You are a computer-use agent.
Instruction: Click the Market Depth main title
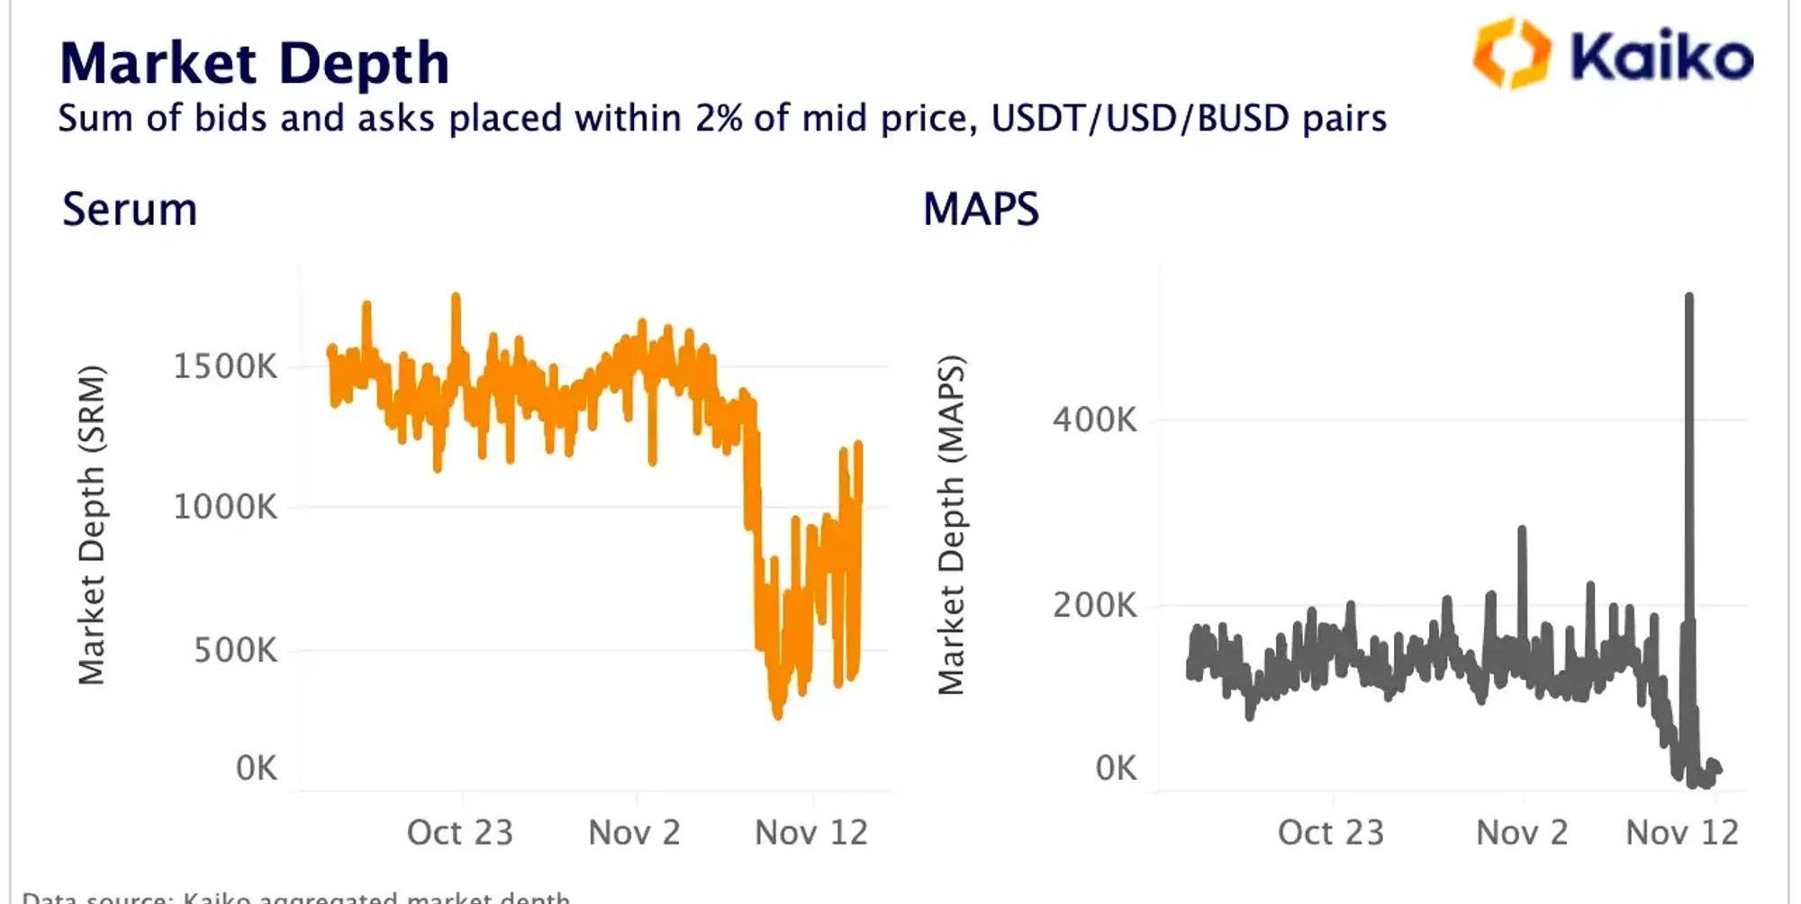(x=254, y=63)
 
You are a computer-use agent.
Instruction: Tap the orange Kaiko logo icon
(x=1512, y=53)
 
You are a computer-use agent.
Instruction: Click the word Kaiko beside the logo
(x=1661, y=56)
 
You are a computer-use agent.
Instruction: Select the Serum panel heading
(x=130, y=210)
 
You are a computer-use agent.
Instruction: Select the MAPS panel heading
(x=981, y=210)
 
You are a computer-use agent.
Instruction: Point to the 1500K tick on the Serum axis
(x=225, y=366)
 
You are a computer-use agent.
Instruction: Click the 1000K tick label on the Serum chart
(x=225, y=507)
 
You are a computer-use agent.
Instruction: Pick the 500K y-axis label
(x=236, y=650)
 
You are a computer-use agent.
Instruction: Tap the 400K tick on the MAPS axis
(x=1095, y=420)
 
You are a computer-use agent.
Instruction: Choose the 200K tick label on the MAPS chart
(x=1095, y=605)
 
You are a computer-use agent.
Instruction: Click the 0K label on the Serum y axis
(x=257, y=768)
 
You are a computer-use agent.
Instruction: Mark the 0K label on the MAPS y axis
(x=1117, y=768)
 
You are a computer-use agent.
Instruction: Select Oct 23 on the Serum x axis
(x=459, y=833)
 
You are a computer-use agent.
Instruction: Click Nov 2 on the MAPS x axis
(x=1522, y=833)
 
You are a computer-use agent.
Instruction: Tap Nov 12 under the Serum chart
(x=811, y=833)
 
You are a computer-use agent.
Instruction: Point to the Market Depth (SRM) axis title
(x=92, y=525)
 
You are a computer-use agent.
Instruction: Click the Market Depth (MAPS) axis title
(x=951, y=525)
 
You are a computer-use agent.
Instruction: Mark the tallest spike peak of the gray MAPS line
(x=1688, y=296)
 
